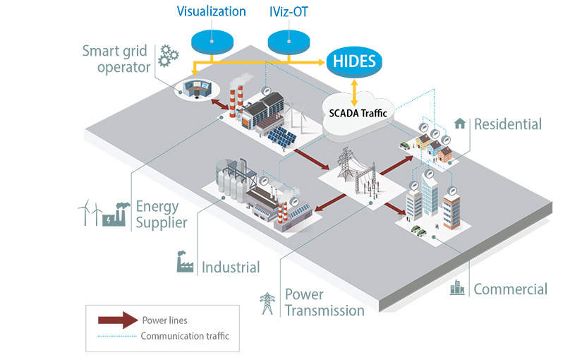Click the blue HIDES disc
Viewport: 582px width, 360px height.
(354, 63)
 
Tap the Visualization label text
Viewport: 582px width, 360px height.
(212, 11)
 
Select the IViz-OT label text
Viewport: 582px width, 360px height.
(289, 11)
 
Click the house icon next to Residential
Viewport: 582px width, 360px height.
(460, 124)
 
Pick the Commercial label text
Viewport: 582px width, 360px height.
(510, 289)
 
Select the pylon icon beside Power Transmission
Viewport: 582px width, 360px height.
(267, 302)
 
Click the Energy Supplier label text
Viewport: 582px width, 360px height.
(162, 215)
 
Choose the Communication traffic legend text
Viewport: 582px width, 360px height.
(185, 336)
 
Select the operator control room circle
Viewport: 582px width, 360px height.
(196, 88)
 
